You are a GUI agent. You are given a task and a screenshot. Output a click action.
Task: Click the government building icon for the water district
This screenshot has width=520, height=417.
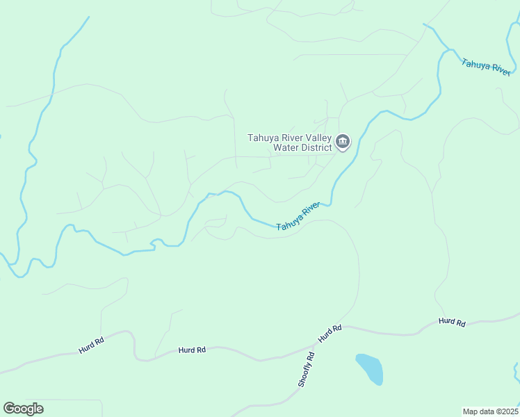(343, 142)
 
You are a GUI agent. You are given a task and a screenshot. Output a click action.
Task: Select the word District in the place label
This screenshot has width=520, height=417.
(315, 147)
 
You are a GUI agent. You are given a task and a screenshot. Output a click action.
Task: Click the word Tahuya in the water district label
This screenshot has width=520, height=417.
(263, 138)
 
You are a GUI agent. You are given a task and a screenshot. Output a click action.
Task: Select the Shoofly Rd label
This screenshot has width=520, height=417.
(307, 370)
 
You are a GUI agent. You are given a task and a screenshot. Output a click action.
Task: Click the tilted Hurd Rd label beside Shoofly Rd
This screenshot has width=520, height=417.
(330, 333)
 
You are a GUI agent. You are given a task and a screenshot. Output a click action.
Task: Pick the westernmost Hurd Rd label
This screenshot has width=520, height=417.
(91, 345)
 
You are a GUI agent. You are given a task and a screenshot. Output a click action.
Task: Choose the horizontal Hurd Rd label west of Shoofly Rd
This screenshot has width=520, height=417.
(192, 350)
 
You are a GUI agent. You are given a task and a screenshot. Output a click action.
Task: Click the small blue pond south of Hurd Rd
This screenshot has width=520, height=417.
(370, 369)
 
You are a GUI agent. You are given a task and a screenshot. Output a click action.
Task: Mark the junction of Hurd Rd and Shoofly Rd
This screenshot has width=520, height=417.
(316, 344)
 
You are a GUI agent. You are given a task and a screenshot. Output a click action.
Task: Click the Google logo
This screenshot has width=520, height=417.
(23, 409)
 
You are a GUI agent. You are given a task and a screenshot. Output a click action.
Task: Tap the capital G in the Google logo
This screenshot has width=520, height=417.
(8, 408)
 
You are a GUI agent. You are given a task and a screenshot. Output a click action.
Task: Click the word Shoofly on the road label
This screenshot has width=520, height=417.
(305, 373)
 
